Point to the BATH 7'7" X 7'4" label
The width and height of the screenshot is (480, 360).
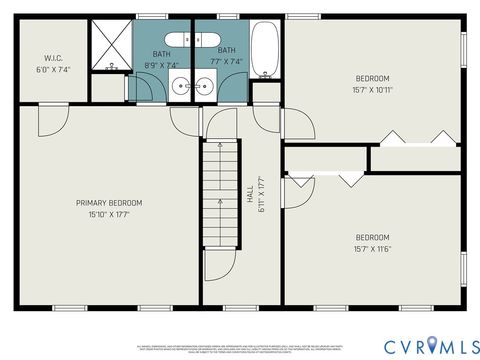[227, 56]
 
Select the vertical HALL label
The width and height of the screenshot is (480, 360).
[249, 191]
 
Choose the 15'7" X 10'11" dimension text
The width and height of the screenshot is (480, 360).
[372, 89]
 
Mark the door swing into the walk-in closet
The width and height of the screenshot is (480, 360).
[49, 120]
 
